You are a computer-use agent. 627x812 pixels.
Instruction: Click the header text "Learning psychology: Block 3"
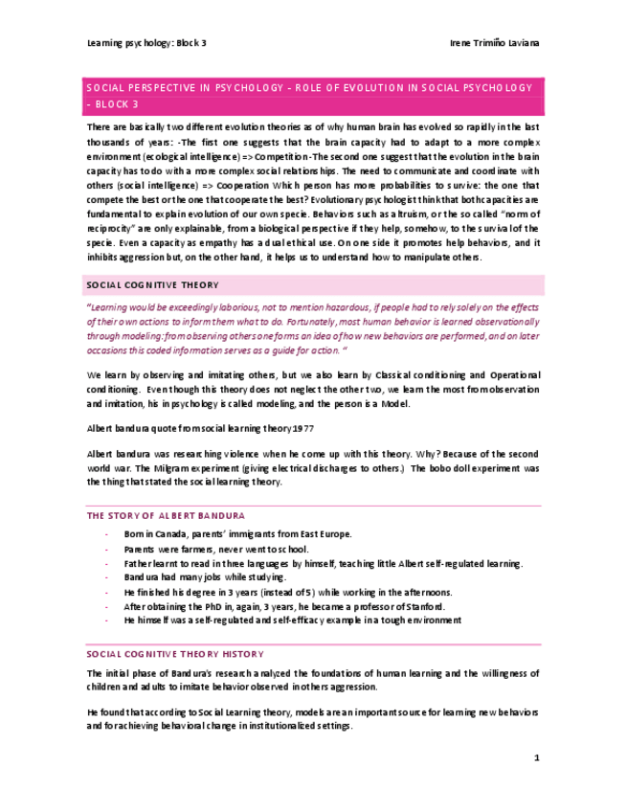coord(146,44)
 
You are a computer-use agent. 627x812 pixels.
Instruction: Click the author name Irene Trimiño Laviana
coord(494,44)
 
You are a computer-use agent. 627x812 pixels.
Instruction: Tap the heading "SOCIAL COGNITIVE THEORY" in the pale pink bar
coord(152,284)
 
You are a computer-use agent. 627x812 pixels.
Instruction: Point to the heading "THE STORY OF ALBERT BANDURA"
coord(166,515)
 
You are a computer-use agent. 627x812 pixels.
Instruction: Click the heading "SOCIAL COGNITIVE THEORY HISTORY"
coord(174,654)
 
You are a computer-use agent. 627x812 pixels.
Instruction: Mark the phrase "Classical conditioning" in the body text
coord(413,375)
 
